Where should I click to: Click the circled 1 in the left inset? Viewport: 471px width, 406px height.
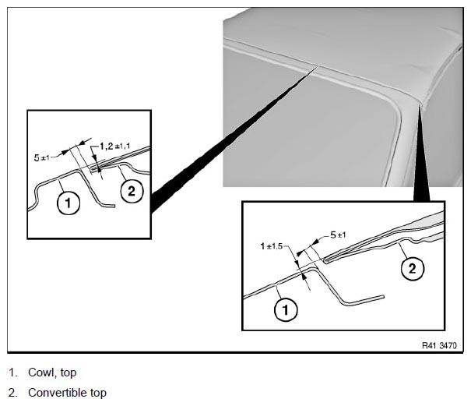69,203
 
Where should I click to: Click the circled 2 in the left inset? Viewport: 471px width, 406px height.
132,191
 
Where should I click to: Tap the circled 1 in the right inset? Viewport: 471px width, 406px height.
286,309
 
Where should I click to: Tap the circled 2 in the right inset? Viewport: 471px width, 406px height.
413,268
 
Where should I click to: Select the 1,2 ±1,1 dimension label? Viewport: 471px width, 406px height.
115,147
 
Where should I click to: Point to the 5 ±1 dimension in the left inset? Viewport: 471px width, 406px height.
41,157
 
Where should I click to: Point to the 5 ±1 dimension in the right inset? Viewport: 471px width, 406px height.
338,235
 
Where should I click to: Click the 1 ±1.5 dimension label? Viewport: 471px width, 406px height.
272,246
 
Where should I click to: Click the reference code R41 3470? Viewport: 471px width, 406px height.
439,345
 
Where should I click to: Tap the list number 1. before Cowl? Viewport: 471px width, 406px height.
13,372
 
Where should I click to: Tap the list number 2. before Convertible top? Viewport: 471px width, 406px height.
13,393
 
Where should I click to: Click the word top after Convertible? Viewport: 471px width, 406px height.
98,393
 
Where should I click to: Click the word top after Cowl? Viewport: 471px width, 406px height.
69,373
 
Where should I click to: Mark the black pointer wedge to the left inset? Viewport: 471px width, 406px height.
231,140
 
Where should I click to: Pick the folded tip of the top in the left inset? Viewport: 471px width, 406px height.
93,169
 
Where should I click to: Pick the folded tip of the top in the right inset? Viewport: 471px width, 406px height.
325,260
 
